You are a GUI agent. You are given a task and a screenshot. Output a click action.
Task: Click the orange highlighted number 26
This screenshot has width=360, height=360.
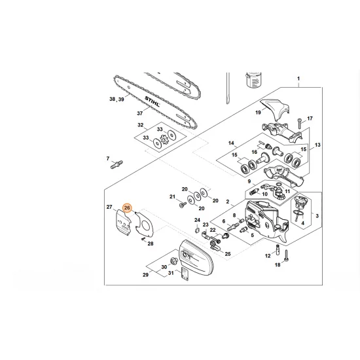[128, 208]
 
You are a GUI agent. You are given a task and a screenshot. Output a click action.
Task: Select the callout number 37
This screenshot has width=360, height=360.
[139, 113]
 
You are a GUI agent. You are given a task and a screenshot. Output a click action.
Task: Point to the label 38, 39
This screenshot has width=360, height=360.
[117, 99]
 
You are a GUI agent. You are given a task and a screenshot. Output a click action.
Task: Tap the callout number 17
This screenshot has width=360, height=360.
[310, 118]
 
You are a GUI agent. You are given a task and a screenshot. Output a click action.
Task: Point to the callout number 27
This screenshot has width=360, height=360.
[110, 207]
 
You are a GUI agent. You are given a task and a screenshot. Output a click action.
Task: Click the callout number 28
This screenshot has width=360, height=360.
[150, 243]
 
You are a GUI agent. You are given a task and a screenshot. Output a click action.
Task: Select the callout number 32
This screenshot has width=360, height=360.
[140, 124]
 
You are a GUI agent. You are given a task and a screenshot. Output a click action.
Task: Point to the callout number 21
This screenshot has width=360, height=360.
[172, 197]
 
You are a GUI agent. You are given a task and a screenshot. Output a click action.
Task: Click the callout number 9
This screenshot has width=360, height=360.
[249, 181]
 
